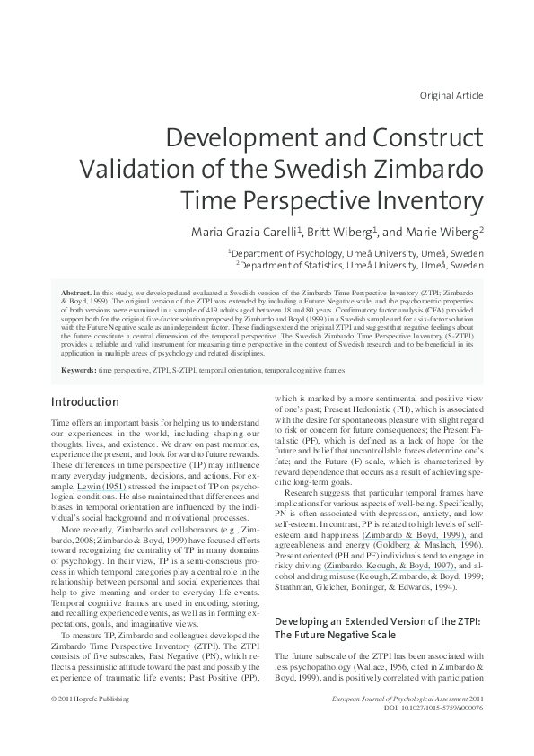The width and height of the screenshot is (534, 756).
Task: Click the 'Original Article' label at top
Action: click(x=451, y=95)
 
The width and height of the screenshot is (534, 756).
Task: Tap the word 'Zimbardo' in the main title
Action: click(x=423, y=168)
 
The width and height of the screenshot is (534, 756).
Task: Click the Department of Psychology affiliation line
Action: click(x=355, y=254)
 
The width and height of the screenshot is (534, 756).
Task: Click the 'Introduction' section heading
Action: click(x=85, y=401)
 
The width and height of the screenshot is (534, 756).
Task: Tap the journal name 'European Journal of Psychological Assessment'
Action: click(x=407, y=724)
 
